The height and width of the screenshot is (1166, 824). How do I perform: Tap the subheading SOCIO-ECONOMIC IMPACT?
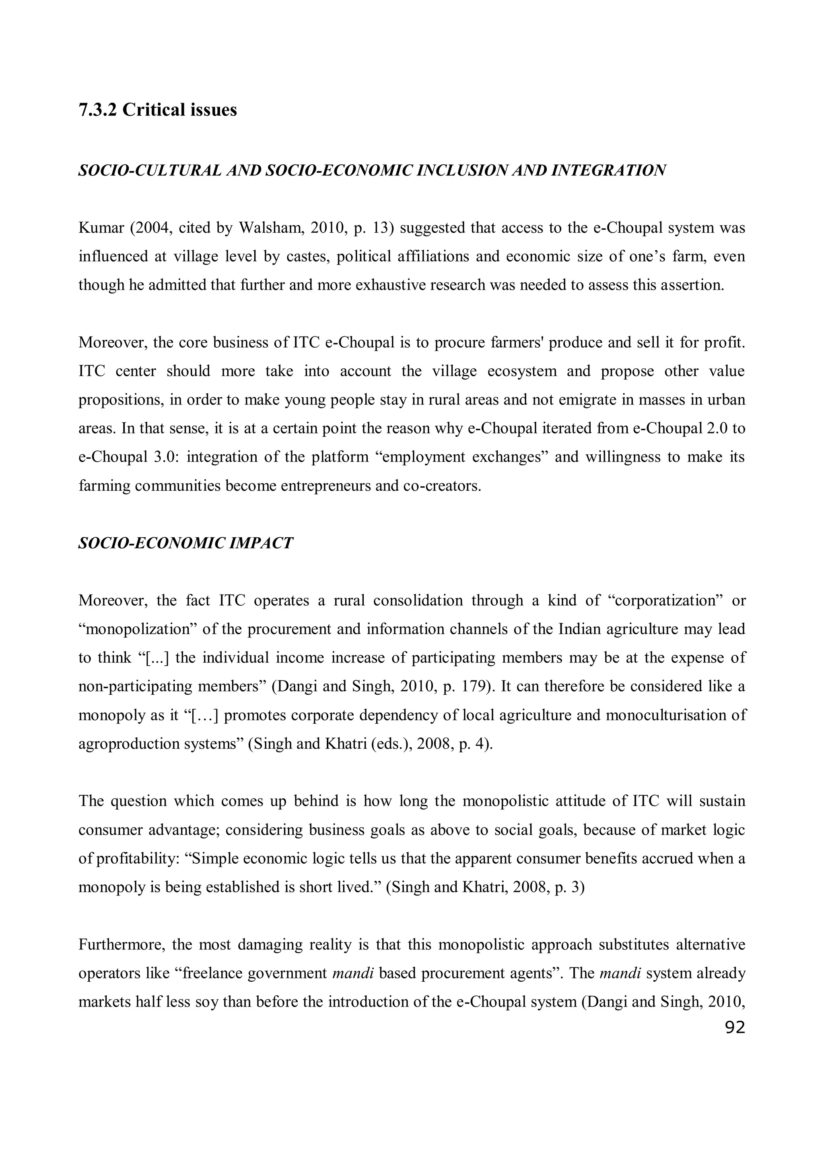tap(186, 543)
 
